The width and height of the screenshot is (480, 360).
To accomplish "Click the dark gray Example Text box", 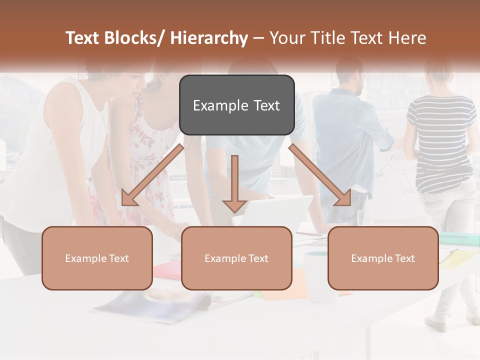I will (236, 105).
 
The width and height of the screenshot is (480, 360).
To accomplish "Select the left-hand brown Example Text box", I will (97, 258).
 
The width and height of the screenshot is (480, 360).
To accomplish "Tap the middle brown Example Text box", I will (236, 258).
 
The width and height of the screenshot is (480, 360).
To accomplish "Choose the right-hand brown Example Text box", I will (383, 258).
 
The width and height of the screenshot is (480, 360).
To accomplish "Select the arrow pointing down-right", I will (320, 175).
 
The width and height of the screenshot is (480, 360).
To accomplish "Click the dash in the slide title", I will (258, 38).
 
